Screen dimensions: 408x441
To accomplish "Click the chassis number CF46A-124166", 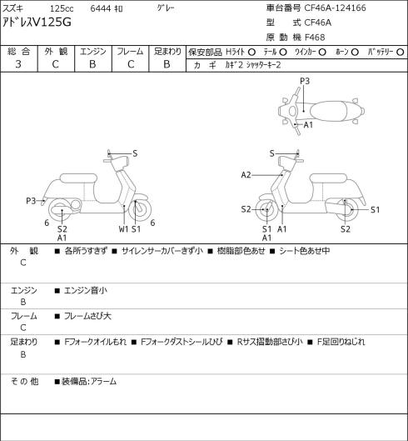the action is [335, 8].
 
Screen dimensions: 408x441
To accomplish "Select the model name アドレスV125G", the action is [37, 23].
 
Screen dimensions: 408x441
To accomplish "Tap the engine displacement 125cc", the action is [62, 8].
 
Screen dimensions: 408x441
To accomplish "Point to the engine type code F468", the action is [315, 38].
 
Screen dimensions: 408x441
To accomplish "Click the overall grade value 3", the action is [18, 64].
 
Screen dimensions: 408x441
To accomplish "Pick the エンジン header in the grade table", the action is [93, 52].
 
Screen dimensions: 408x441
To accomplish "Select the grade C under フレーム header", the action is [131, 64].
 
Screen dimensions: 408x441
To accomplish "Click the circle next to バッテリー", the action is [401, 52].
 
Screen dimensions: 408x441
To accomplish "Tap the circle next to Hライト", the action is [251, 52].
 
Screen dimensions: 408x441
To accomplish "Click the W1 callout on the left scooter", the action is [123, 229].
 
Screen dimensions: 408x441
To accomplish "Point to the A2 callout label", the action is [246, 175].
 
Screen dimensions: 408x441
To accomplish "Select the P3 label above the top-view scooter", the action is [305, 81].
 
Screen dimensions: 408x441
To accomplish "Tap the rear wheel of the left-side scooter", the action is [61, 210].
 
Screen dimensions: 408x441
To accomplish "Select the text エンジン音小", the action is [86, 290].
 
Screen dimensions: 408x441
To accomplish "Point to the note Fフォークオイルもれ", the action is [96, 342].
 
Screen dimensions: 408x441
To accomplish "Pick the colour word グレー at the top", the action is [166, 8].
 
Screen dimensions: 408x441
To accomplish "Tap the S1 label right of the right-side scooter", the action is [375, 210].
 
